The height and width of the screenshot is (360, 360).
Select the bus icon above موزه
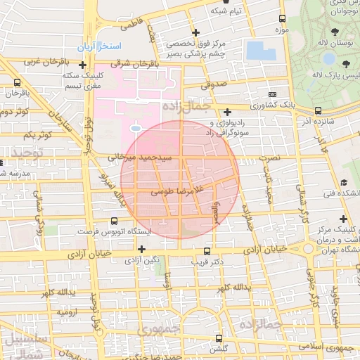[282, 19]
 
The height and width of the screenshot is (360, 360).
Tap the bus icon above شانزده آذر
[319, 110]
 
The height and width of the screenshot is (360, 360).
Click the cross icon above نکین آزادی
[142, 249]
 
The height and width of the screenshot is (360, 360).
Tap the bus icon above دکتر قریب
[207, 251]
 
